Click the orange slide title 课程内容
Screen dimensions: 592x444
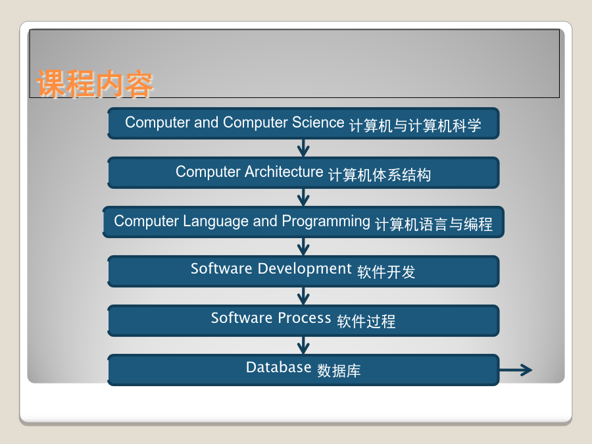point(94,83)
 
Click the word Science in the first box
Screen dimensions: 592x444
point(318,122)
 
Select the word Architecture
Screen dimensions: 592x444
point(284,172)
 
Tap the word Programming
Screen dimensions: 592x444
point(326,222)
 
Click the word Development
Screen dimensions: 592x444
point(305,269)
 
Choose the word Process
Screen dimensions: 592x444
point(305,318)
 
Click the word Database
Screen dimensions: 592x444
point(279,367)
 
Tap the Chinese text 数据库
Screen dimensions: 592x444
point(339,370)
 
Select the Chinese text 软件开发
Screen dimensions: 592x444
point(386,272)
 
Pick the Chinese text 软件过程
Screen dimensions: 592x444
point(366,321)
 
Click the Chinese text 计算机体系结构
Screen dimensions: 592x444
point(380,175)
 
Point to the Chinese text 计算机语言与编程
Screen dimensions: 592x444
point(434,224)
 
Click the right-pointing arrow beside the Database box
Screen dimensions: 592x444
point(516,370)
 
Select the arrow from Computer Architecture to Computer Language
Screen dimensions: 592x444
point(303,197)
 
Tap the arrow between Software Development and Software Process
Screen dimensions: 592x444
point(303,296)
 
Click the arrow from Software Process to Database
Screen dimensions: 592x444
point(303,345)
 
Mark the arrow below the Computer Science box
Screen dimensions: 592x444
point(303,148)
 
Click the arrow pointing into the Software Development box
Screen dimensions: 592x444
point(303,247)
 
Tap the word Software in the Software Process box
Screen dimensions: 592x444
point(241,318)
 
